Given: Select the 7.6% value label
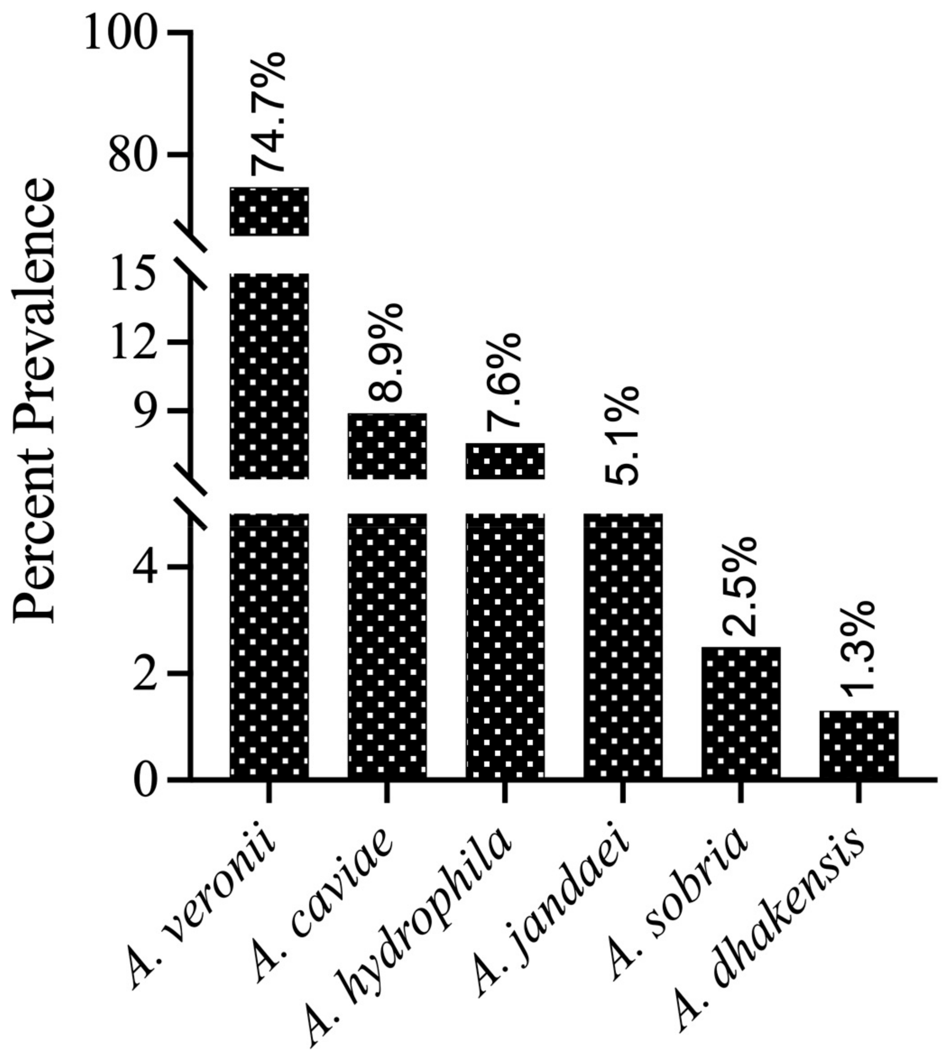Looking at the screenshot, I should point(503,382).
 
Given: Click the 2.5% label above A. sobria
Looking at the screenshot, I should point(740,586).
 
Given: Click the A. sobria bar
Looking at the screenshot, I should point(740,713).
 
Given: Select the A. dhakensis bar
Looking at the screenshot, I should point(859,745).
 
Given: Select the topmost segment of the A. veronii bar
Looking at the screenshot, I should point(269,212).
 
